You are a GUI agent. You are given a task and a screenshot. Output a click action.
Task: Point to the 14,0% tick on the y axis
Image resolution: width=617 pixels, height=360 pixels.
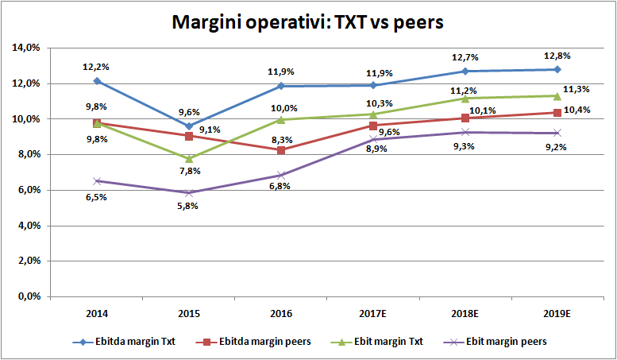click(26, 48)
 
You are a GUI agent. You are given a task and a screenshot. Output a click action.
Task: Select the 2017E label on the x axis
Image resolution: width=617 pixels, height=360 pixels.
click(372, 312)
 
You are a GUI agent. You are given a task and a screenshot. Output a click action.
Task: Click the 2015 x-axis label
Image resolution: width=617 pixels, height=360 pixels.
click(189, 312)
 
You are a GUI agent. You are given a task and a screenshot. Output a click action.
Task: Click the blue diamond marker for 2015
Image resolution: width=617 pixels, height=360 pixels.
click(189, 126)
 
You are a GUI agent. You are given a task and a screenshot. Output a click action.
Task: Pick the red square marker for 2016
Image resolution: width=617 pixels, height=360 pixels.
click(280, 149)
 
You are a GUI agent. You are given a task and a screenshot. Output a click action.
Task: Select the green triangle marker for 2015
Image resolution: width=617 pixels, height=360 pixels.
click(189, 158)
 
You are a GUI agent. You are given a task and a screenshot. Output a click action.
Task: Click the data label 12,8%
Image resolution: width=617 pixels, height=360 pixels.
click(558, 56)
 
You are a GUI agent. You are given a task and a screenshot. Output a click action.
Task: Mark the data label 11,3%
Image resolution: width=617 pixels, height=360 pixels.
click(577, 89)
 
